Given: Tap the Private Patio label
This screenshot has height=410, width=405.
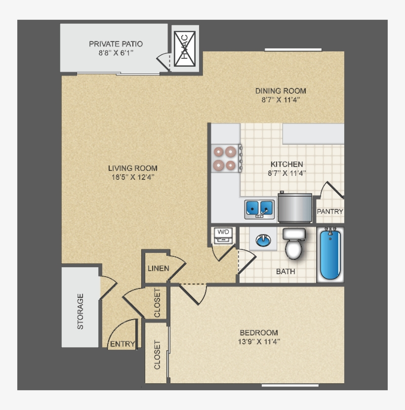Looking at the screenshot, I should pos(116,44).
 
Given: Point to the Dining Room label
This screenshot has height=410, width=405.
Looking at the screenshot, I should pos(280,90).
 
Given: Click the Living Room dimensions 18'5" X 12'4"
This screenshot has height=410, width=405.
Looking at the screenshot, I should pos(134,177).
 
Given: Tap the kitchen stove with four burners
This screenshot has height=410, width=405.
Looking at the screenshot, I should pos(225,158).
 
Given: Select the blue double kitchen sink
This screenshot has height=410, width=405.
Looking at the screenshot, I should pos(259,208).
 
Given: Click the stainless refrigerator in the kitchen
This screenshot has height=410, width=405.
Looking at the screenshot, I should pos(295,208).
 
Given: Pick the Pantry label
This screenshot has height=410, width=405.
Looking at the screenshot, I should pos(329,211).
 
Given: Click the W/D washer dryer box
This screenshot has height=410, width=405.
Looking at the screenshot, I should pos(223,235).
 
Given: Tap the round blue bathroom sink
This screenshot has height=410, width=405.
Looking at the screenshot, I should pos(263,241).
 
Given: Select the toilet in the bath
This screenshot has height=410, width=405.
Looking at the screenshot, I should pos(294,244).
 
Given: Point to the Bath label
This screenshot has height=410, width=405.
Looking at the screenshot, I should pos(285,271).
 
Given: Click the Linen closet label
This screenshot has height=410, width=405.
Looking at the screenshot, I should pos(158,269).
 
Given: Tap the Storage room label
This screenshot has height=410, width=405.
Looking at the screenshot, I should pos(80,311).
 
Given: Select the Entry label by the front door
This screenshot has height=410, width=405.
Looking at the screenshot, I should pos(122,344).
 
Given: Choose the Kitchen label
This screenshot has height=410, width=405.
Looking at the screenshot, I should pos(286,164).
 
